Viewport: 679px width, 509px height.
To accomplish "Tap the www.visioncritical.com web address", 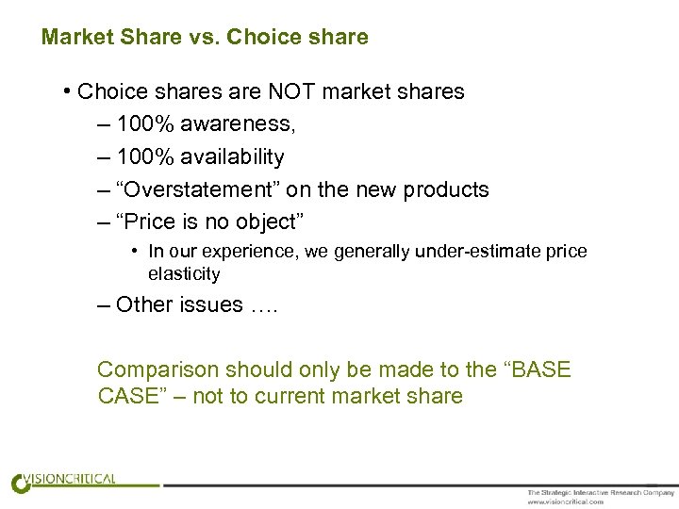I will tap(566, 501).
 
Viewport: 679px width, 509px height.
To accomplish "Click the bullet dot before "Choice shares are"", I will tap(69, 91).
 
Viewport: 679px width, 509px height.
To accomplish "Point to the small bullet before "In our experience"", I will tap(136, 252).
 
